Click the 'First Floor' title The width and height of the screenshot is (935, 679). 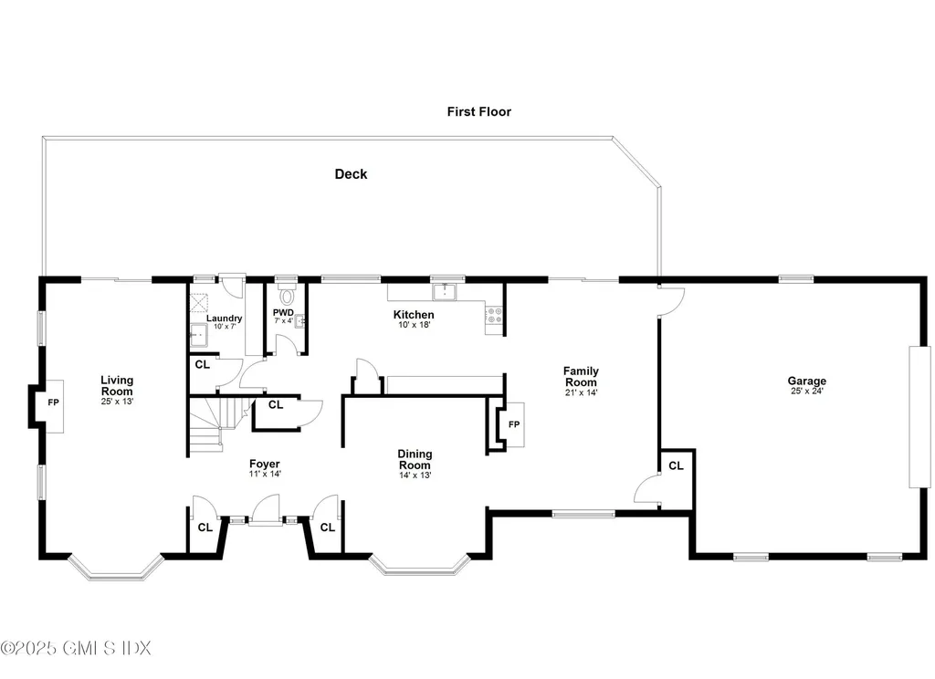coord(478,111)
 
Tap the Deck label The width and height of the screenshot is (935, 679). coord(351,173)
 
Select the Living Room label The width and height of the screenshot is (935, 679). coord(117,385)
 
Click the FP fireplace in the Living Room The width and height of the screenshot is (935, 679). coord(53,402)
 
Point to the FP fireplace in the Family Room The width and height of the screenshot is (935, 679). coord(513,424)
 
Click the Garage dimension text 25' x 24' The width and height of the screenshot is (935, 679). coord(807,392)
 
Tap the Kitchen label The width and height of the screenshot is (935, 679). coord(413,315)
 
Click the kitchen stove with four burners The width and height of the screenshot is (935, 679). coord(494,315)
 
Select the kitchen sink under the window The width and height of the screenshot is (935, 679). coord(446,291)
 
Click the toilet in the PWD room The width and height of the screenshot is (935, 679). coord(288,296)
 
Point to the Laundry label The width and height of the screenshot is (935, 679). coord(224,318)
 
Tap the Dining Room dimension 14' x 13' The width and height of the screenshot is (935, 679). coord(415,475)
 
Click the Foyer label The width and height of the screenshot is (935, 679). coord(265,464)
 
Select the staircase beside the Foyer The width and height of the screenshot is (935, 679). coord(215,423)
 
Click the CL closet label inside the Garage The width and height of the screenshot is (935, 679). coord(676,465)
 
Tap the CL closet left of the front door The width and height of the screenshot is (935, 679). coord(205,527)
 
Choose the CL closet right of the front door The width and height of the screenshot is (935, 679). coord(327,527)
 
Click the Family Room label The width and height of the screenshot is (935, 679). coord(580,376)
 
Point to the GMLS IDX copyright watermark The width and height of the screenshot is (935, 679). coord(76,648)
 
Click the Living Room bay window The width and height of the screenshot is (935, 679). coord(116,570)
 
